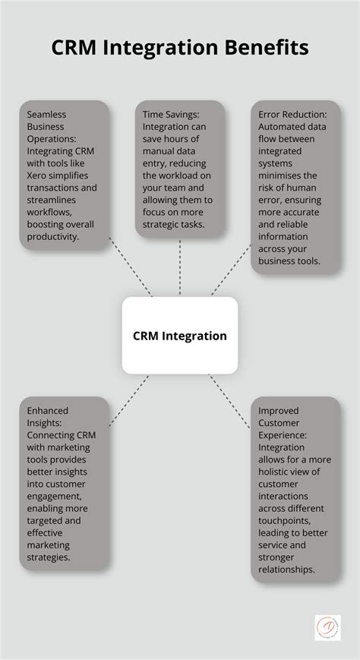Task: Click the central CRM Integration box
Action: (180, 335)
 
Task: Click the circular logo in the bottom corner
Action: (328, 627)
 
